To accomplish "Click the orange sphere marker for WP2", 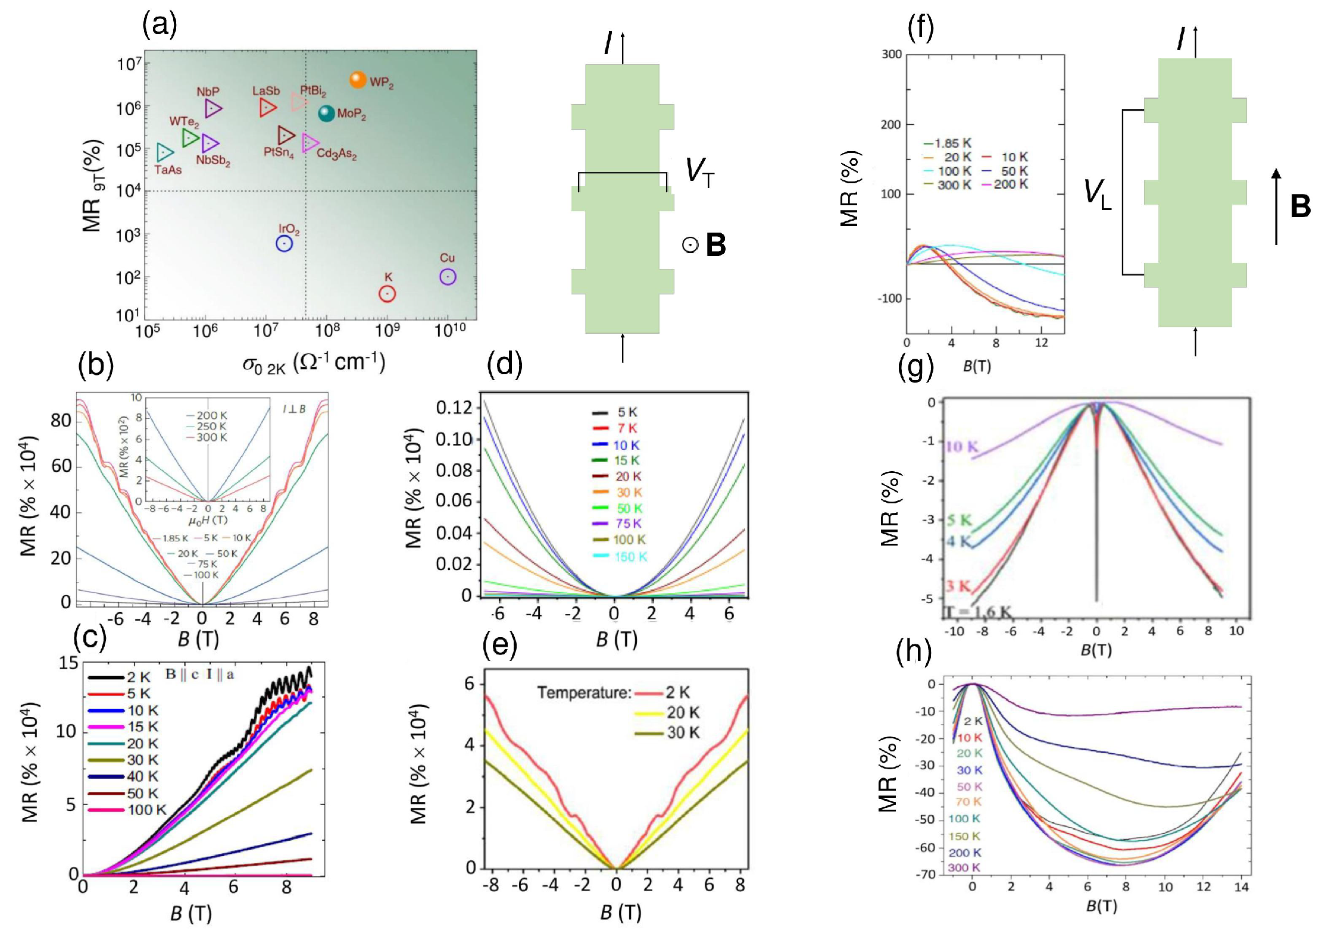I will (358, 80).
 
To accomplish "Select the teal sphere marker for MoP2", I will (326, 113).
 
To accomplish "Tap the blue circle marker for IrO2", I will (285, 243).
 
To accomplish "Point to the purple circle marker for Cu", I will (448, 277).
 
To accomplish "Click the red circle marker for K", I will (387, 293).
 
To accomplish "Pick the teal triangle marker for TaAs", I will (164, 152).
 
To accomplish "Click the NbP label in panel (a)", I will (208, 92).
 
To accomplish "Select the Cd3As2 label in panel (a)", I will (336, 153).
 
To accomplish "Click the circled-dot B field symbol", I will (690, 245).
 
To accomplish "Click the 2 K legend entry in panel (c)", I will (120, 677).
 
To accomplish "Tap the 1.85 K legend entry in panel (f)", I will (947, 143).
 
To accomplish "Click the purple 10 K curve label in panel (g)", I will (962, 446).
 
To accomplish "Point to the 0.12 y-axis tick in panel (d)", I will (454, 408).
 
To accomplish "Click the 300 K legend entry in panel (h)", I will (964, 867).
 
